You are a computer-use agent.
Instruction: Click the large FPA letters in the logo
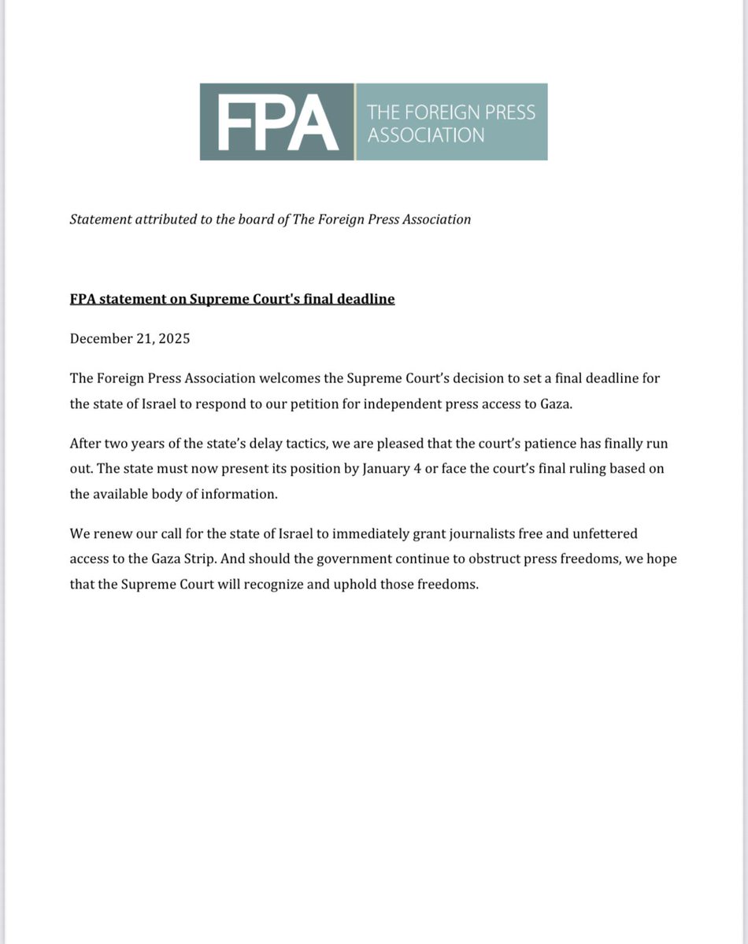pyautogui.click(x=277, y=122)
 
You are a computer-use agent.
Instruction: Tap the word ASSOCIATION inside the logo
pyautogui.click(x=426, y=135)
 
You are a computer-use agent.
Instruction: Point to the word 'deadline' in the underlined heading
pyautogui.click(x=365, y=299)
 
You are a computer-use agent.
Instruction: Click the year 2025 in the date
pyautogui.click(x=172, y=339)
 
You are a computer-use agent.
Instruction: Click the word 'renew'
pyautogui.click(x=113, y=534)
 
